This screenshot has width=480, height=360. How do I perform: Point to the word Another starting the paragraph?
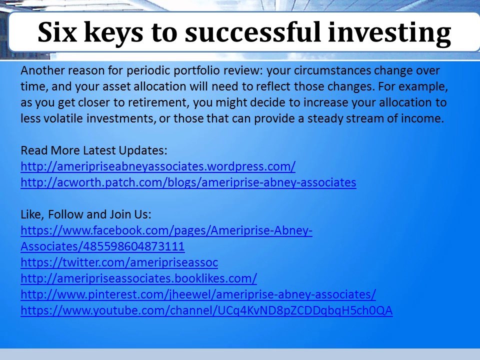40,70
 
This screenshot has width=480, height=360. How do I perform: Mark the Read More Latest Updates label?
94,150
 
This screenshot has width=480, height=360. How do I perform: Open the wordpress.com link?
158,166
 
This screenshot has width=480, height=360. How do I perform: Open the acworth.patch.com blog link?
188,182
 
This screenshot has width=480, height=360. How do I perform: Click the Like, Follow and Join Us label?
85,214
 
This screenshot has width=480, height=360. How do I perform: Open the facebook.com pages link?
166,230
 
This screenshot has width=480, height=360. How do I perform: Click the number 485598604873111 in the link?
131,246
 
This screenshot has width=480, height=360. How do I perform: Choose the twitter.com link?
119,262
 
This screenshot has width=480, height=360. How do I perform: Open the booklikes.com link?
138,278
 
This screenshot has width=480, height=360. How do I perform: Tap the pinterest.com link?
198,294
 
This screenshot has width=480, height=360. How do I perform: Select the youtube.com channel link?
206,310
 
